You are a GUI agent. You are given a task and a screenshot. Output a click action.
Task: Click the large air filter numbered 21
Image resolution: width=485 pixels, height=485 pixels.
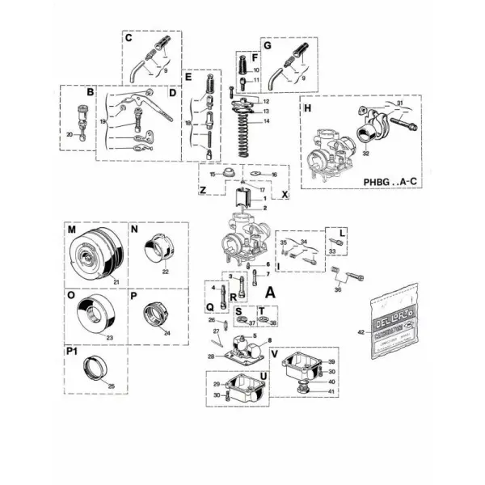point(95,254)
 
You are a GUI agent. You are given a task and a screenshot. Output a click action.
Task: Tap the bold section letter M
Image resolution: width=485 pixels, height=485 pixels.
point(71,230)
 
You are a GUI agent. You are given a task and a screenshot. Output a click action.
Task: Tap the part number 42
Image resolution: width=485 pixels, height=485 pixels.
point(361,331)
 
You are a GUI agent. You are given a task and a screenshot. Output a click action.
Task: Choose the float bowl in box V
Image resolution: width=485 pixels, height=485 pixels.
point(298,369)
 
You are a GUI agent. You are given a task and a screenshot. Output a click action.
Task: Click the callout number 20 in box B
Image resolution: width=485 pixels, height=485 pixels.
point(70,134)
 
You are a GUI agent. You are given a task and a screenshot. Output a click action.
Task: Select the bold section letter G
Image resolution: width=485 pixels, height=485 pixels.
point(268,46)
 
